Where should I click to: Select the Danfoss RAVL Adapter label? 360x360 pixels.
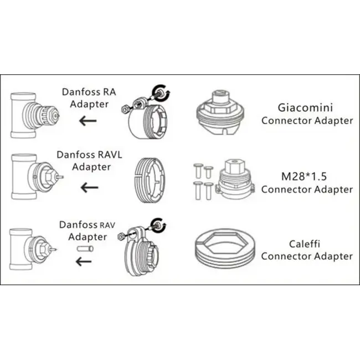(90, 161)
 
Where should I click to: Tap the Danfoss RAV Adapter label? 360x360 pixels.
(83, 231)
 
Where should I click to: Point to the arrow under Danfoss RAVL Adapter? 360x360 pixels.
(90, 187)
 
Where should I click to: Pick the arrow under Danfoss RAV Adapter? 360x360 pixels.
(84, 261)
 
